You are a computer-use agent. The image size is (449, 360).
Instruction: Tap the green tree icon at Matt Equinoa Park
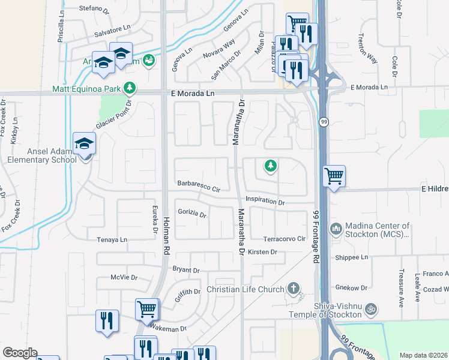(128, 89)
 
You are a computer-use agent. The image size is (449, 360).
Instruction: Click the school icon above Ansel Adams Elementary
(84, 144)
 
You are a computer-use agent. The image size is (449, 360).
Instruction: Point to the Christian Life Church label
(245, 290)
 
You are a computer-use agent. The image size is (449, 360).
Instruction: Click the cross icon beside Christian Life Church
(294, 289)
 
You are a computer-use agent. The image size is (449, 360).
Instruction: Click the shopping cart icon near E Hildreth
(334, 177)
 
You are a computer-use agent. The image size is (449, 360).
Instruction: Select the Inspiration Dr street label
(265, 202)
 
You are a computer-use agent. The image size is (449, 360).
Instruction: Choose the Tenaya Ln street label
(112, 239)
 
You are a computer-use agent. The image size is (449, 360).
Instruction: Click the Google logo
(20, 353)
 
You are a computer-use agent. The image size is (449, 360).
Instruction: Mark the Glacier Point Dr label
(113, 116)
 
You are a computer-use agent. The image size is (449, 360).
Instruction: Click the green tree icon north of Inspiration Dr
(271, 165)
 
